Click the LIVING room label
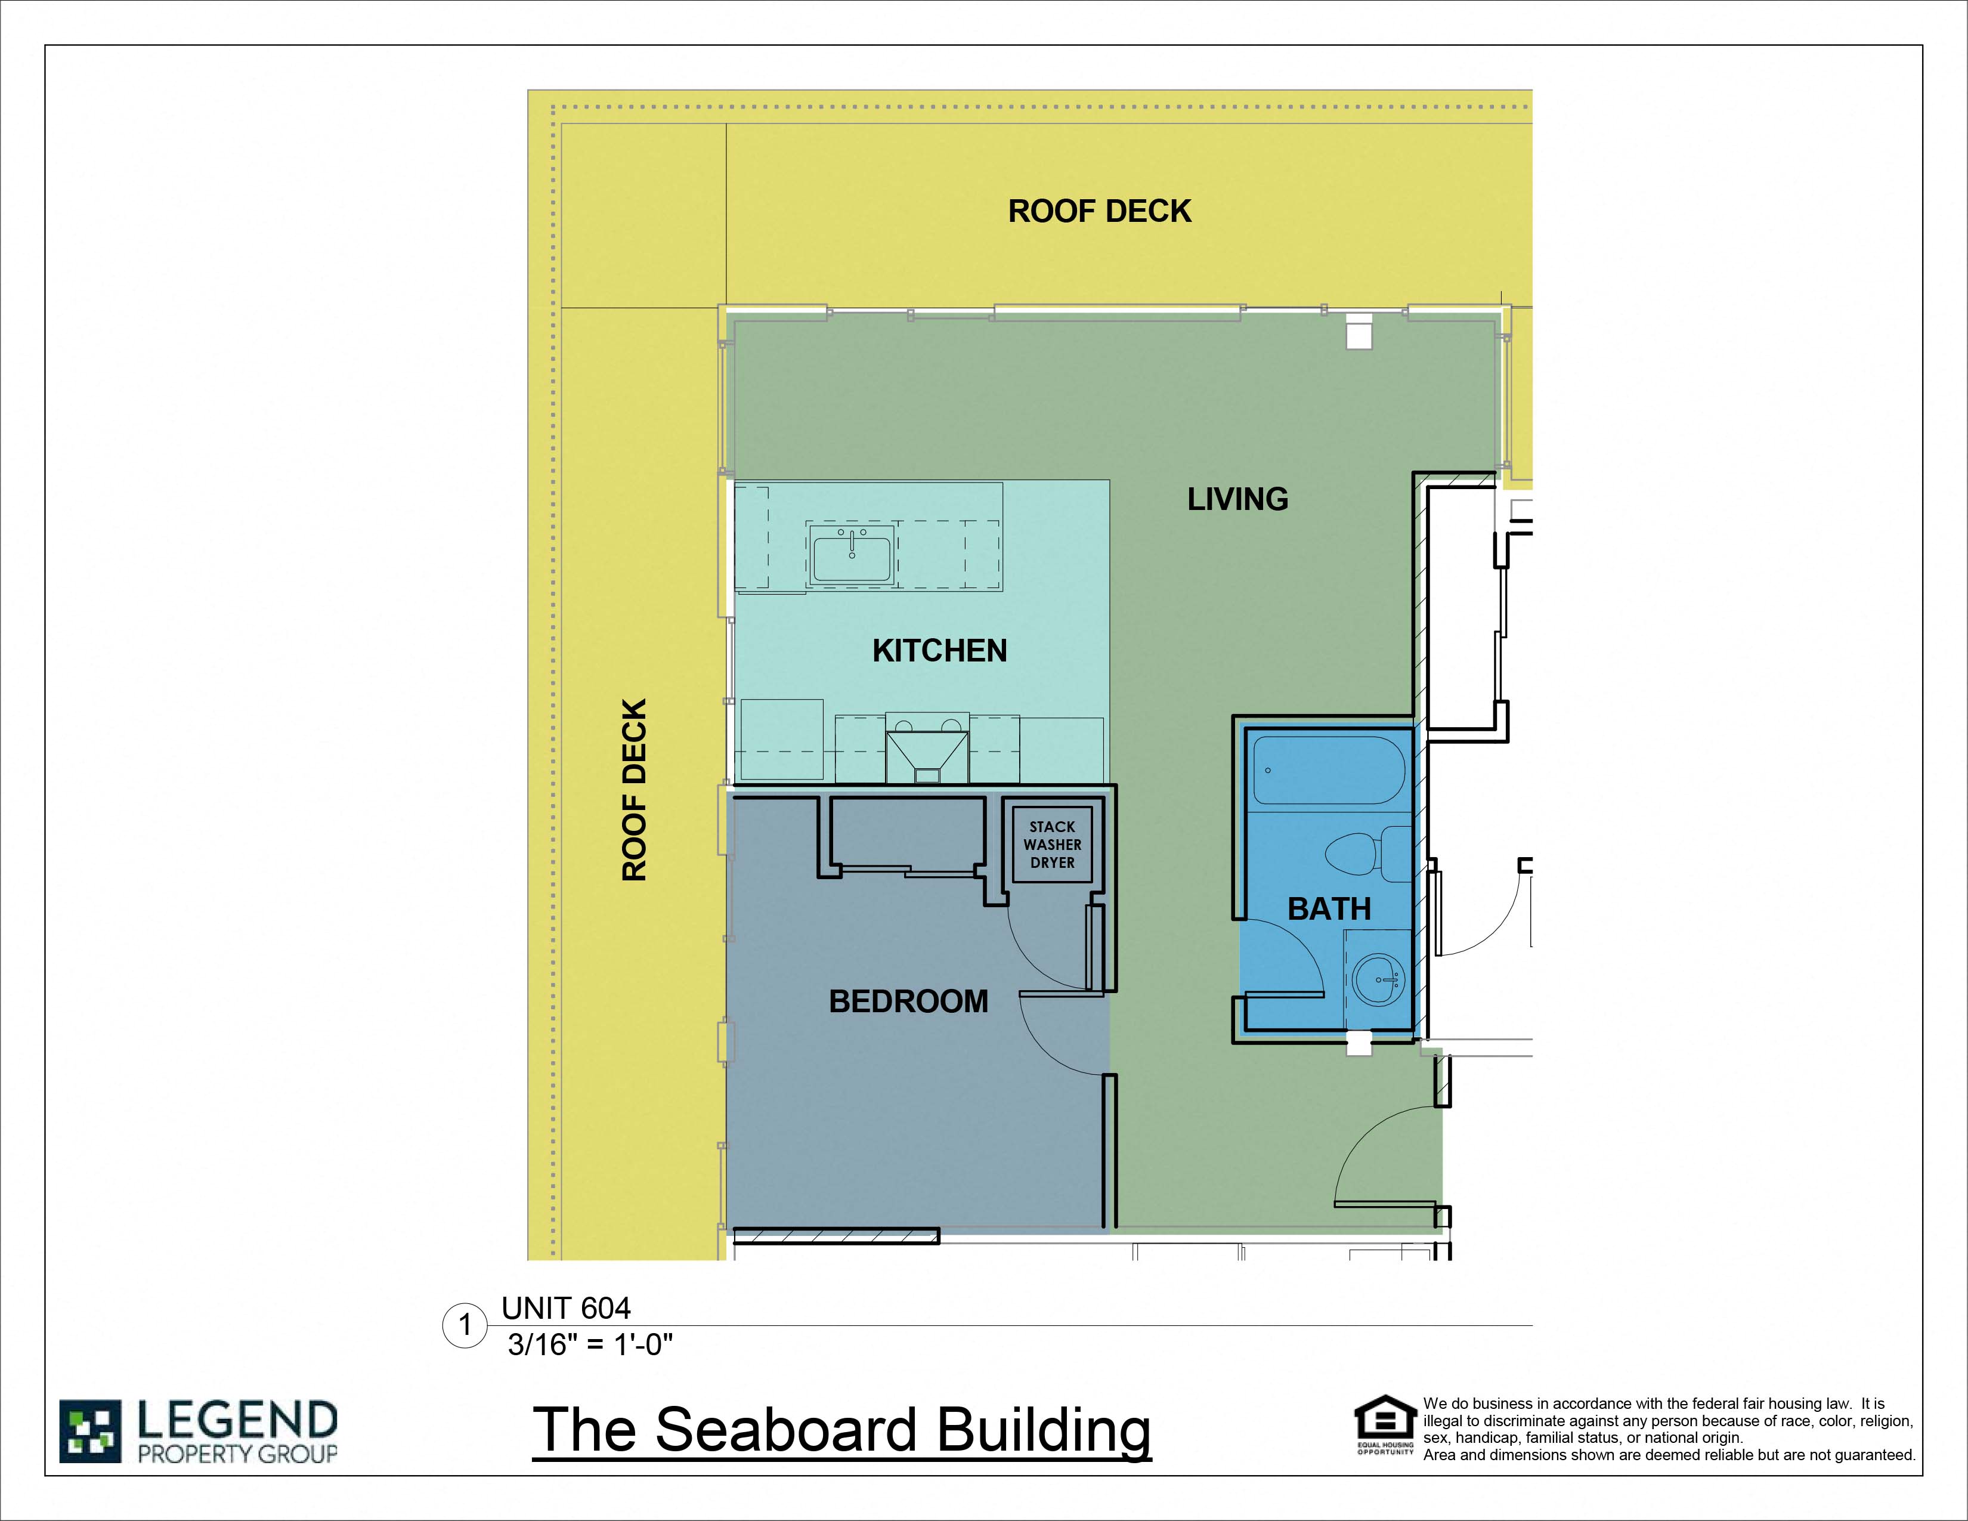1237,499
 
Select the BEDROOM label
908,1001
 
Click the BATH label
1329,908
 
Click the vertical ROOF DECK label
635,789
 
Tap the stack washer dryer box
1051,844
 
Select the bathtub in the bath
1328,771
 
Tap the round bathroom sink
1379,979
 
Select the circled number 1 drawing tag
465,1325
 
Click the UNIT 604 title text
566,1308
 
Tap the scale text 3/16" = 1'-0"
590,1345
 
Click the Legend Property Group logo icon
90,1431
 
